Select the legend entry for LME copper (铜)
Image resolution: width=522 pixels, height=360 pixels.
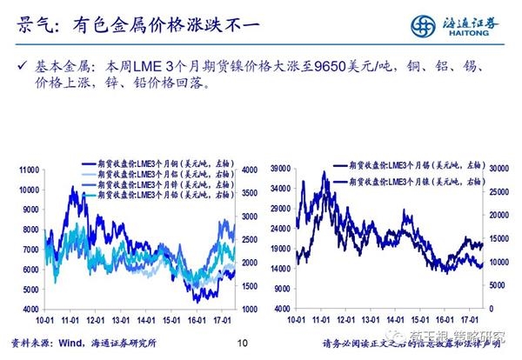151,164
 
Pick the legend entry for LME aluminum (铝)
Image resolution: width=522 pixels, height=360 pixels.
151,175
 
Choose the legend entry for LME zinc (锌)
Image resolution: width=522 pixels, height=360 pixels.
151,185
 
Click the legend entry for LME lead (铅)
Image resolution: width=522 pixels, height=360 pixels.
151,196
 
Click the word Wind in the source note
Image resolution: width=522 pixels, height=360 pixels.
72,343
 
